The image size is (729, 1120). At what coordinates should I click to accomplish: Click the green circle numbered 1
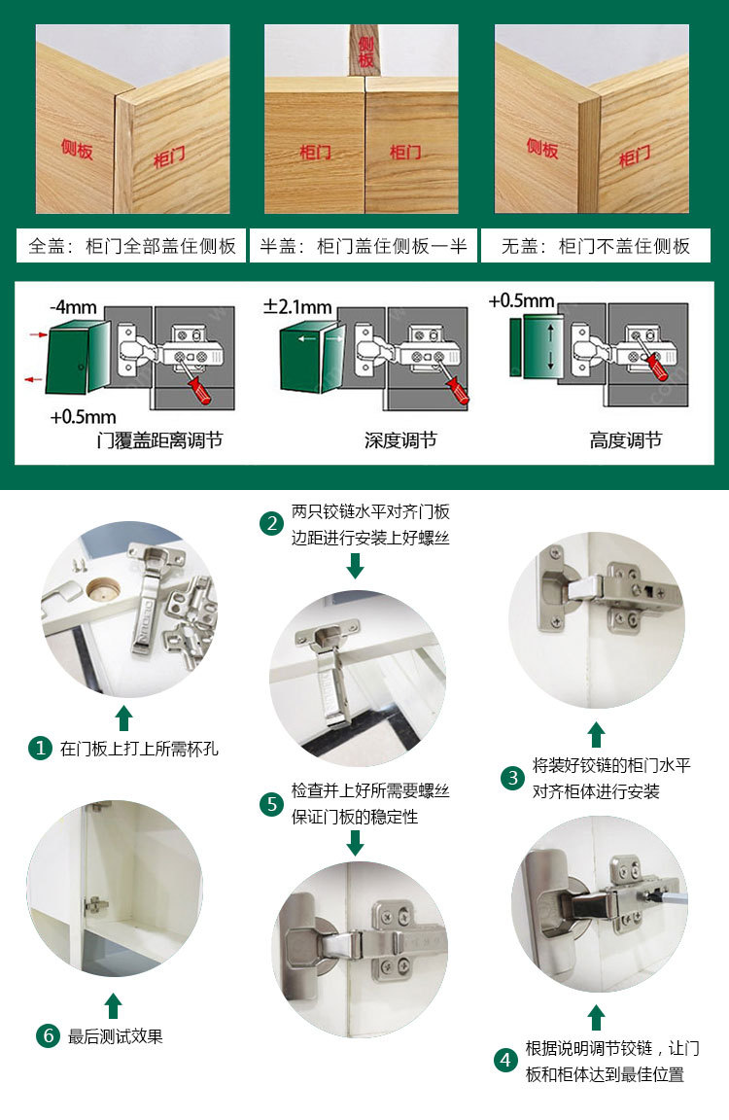[40, 749]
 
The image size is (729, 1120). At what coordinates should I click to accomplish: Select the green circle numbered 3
[512, 778]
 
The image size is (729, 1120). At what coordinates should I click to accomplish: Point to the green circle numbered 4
[504, 1061]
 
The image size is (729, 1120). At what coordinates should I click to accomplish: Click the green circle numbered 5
[271, 804]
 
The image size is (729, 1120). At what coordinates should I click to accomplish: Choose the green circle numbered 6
[48, 1035]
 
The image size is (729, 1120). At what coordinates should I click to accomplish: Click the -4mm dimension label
[73, 308]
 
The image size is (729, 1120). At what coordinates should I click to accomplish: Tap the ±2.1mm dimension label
[297, 308]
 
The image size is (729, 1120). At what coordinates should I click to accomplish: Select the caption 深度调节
[400, 440]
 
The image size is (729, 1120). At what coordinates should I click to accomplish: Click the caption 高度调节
[625, 440]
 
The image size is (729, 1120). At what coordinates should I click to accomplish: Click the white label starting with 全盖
[131, 246]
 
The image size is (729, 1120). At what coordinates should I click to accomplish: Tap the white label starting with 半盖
[363, 246]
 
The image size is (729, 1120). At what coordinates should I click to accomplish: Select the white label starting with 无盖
[595, 246]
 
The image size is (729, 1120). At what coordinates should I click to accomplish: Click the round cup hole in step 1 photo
[100, 589]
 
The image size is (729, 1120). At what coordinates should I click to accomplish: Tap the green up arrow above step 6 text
[114, 1005]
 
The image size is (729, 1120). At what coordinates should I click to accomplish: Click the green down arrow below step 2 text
[355, 565]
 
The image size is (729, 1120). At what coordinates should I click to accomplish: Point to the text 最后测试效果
[116, 1036]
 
